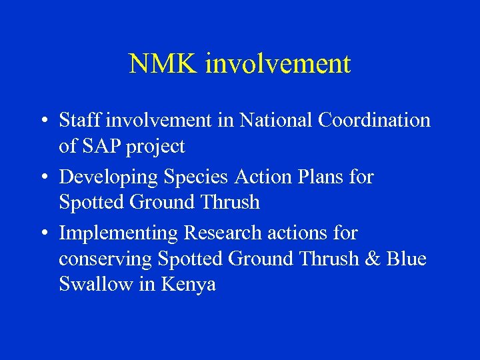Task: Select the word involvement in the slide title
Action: (278, 64)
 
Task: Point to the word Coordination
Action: (374, 121)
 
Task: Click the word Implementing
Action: (119, 234)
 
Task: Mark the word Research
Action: (223, 233)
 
